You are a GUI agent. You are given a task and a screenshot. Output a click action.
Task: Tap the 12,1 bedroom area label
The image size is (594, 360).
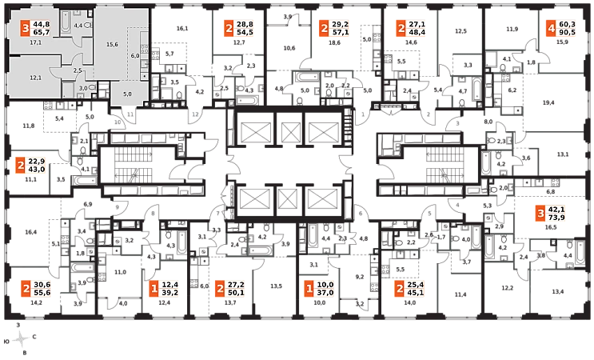[x=35, y=78]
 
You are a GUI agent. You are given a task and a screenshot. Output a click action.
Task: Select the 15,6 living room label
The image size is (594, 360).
[x=112, y=44]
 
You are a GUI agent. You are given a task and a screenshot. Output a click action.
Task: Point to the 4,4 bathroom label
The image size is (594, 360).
[x=78, y=26]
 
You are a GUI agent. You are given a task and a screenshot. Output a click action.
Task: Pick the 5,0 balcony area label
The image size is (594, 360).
[x=126, y=94]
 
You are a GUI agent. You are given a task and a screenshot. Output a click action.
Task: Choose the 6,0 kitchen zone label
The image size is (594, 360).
[x=135, y=55]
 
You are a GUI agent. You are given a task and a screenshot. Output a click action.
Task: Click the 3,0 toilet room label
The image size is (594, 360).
[x=82, y=87]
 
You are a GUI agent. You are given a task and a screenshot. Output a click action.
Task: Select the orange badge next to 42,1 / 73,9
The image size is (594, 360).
[x=540, y=214]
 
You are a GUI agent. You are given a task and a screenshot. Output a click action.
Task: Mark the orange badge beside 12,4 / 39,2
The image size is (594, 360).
[x=154, y=288]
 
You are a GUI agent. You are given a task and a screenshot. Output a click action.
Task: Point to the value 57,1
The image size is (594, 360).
[x=340, y=34]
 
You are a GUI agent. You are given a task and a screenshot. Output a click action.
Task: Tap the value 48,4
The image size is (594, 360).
[x=417, y=34]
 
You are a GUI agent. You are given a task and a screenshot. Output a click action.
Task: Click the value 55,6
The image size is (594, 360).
[x=42, y=293]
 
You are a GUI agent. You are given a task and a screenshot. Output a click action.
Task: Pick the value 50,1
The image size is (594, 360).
[x=235, y=293]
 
